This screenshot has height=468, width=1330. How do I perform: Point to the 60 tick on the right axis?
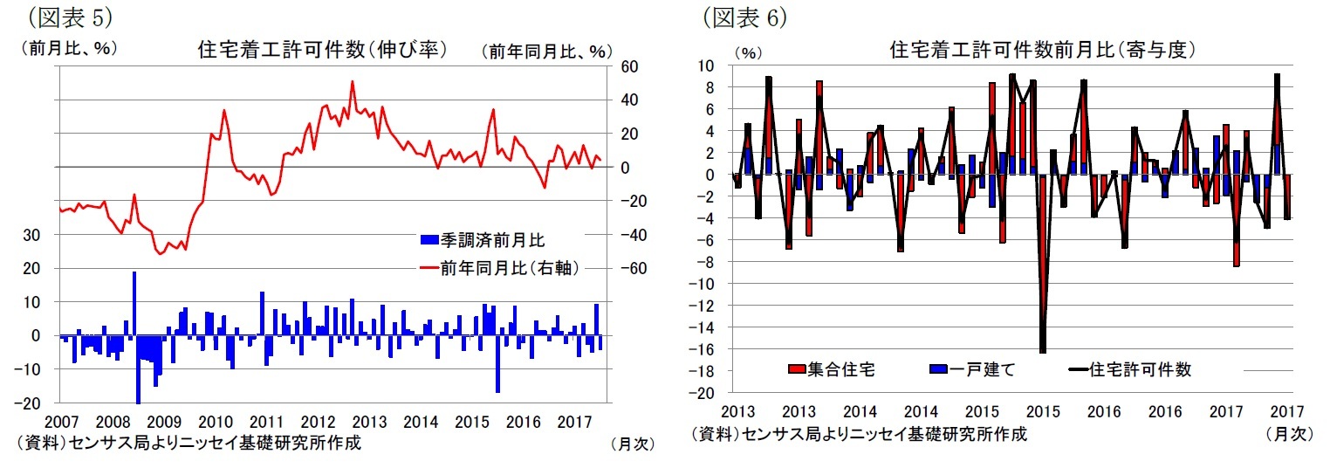pyautogui.click(x=630, y=66)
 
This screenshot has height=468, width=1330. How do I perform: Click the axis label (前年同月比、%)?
pyautogui.click(x=547, y=52)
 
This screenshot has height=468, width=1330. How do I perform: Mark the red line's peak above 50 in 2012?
pyautogui.click(x=352, y=82)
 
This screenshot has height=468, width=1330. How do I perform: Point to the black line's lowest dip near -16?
pyautogui.click(x=1043, y=351)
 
